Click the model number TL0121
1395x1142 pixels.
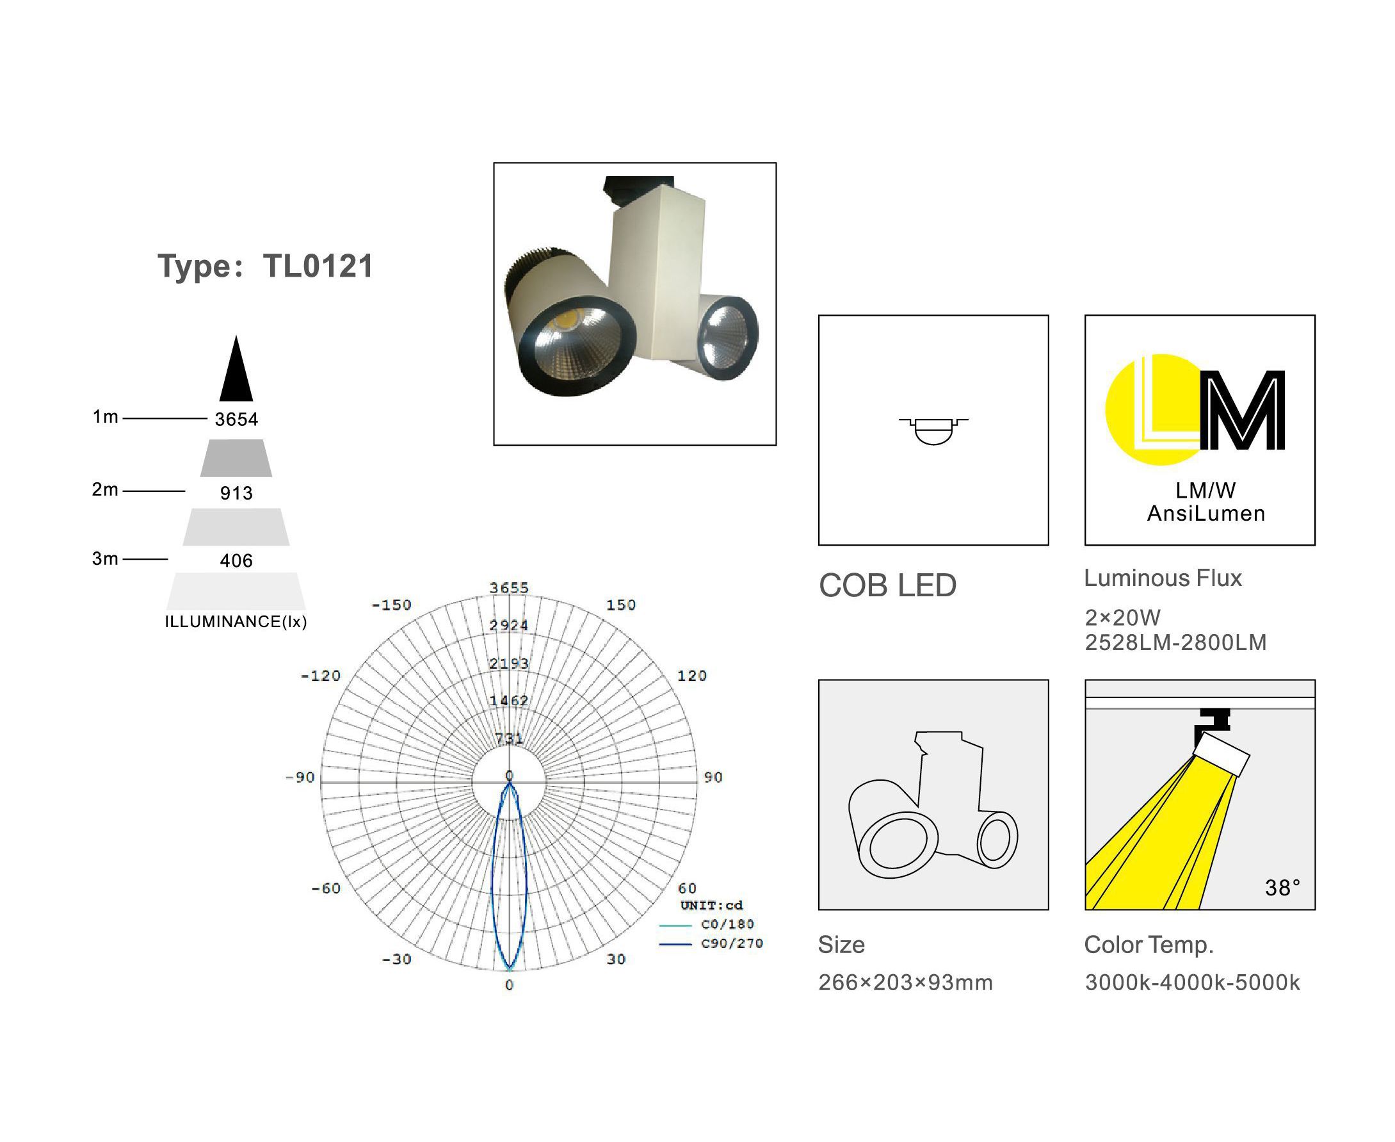[318, 266]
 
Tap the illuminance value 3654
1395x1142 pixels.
[237, 420]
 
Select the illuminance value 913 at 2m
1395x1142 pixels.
[237, 493]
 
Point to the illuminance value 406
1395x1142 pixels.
[237, 561]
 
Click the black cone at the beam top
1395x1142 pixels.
[236, 368]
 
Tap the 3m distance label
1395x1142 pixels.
[105, 559]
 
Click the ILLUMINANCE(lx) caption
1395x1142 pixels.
[236, 622]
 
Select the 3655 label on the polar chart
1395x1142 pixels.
[509, 588]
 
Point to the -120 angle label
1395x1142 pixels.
[321, 676]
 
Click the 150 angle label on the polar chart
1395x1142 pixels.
[621, 605]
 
